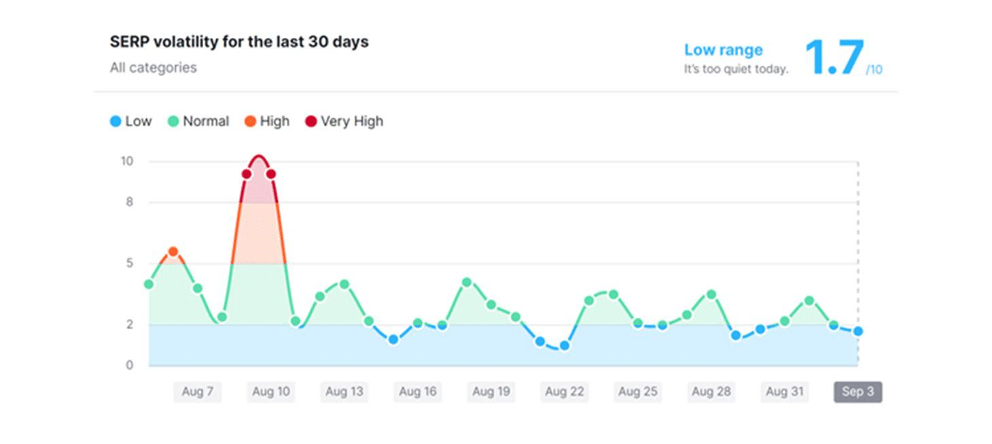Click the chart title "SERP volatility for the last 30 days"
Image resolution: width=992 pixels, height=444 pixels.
click(x=239, y=42)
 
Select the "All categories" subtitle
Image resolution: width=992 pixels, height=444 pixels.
click(x=153, y=68)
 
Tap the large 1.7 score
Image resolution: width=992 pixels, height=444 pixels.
click(x=834, y=58)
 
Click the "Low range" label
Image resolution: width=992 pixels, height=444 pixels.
click(x=723, y=50)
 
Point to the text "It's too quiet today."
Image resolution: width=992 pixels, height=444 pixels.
click(x=736, y=69)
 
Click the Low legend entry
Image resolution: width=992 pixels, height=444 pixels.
click(x=130, y=122)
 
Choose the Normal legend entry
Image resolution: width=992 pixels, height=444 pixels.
click(x=198, y=122)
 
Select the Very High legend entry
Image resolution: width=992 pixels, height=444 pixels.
click(x=344, y=122)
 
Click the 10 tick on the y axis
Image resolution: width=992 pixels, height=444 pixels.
click(x=127, y=162)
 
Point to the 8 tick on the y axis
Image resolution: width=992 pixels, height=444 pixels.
click(x=129, y=202)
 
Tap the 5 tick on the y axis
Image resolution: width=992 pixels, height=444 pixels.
click(x=129, y=263)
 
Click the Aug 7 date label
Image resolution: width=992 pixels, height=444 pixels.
click(x=197, y=392)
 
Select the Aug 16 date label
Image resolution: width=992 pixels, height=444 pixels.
click(x=417, y=392)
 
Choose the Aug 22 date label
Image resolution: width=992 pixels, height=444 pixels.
click(x=564, y=392)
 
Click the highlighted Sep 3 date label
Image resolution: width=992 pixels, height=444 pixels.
click(x=857, y=392)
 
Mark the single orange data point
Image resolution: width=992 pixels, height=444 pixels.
click(x=173, y=252)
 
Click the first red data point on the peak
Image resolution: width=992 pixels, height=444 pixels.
click(x=247, y=174)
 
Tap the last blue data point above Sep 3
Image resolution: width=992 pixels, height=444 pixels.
click(x=858, y=331)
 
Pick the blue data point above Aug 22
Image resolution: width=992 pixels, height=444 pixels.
click(x=564, y=345)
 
